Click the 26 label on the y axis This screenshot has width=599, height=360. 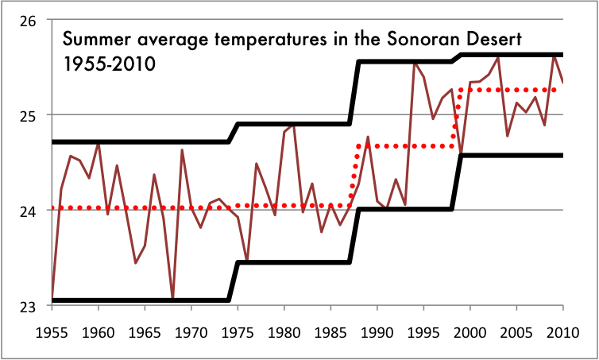[28, 21]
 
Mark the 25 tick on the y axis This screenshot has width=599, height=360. [28, 116]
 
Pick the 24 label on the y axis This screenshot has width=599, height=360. [28, 211]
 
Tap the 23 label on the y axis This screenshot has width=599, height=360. [28, 306]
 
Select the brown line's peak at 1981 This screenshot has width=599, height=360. [294, 124]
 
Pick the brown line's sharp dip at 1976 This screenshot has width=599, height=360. [247, 260]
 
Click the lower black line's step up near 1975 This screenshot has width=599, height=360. [234, 281]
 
